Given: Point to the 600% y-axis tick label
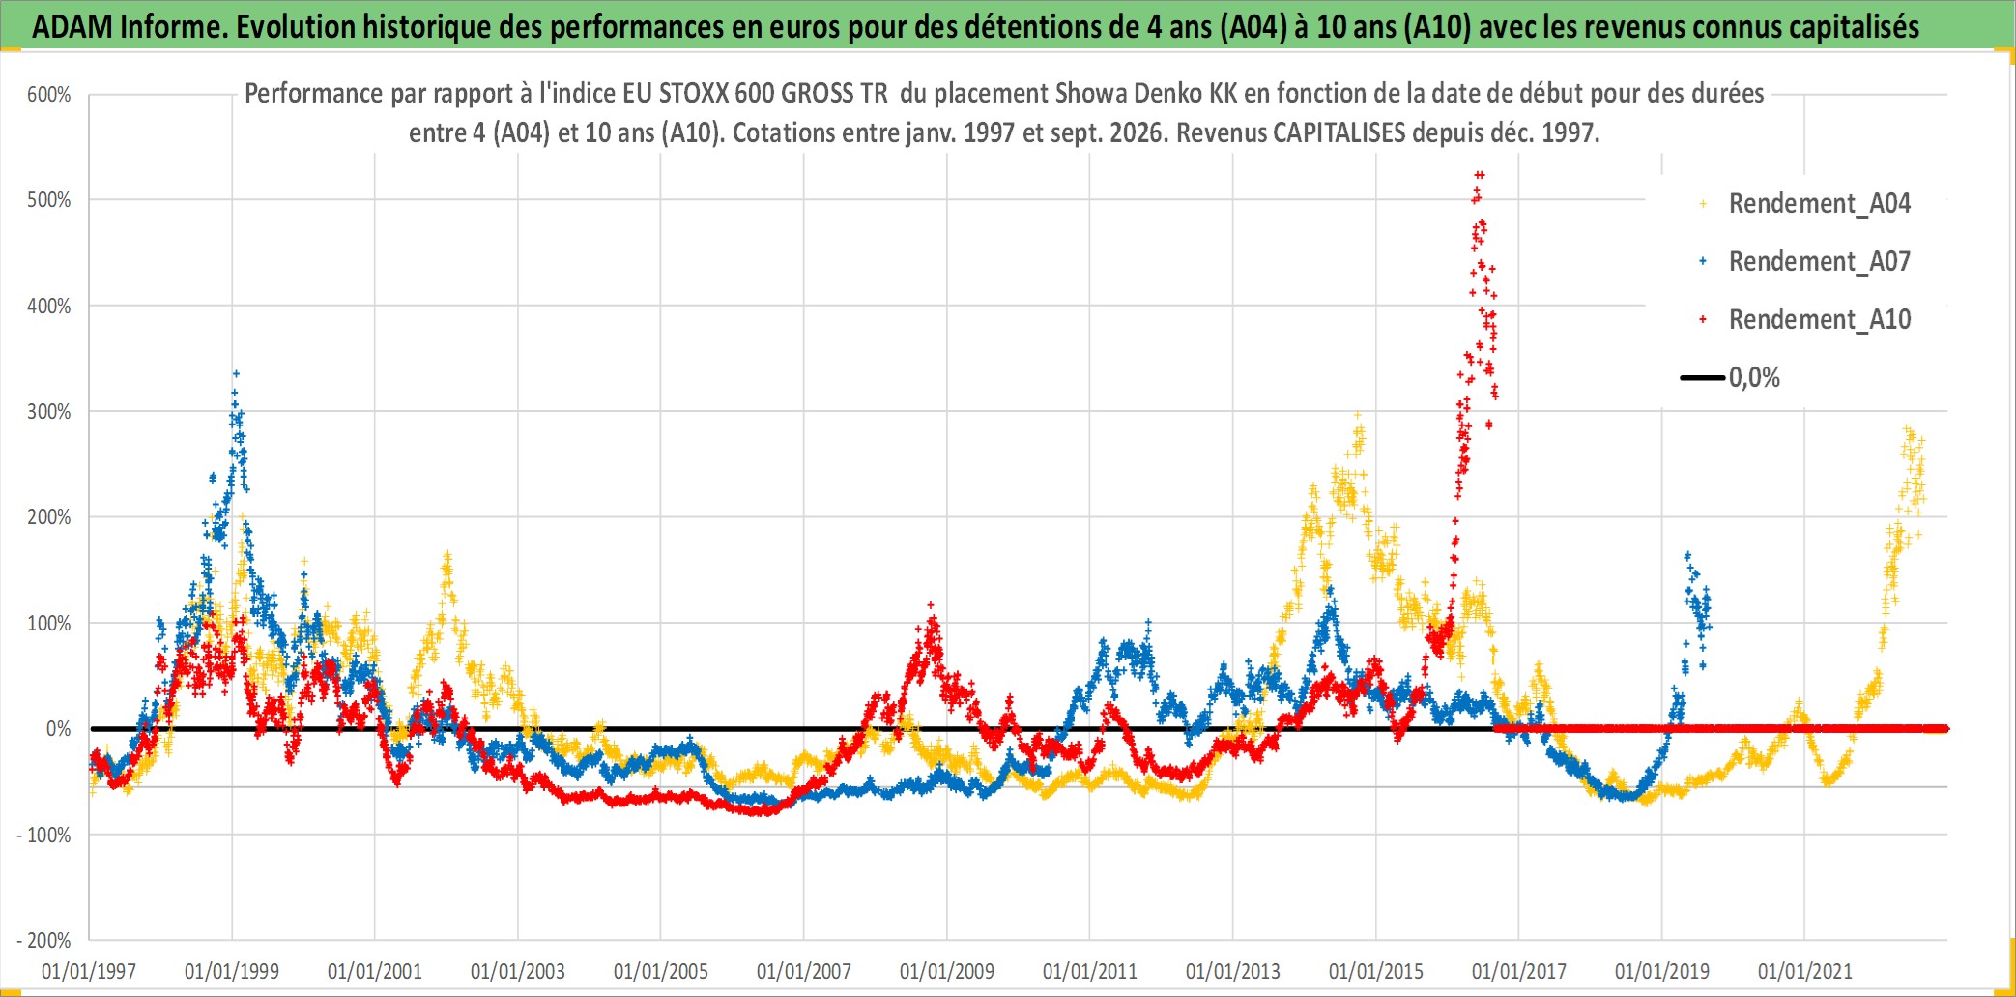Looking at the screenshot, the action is (x=49, y=95).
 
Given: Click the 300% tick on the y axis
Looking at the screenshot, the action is (x=49, y=412).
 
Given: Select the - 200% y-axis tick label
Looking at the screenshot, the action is (x=43, y=940).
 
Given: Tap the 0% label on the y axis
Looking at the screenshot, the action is (x=59, y=729).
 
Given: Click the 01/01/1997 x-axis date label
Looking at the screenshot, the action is (x=89, y=971).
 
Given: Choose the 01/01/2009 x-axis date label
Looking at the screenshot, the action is (x=947, y=971).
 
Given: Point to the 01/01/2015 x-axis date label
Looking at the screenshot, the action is (x=1376, y=971).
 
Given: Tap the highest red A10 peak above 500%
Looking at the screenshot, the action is (x=1479, y=175).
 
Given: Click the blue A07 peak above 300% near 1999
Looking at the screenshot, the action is (x=236, y=373).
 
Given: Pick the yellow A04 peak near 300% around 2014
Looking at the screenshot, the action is (x=1358, y=415).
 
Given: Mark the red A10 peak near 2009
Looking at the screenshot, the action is (x=931, y=605).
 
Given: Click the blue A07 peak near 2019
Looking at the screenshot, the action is (x=1687, y=555).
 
